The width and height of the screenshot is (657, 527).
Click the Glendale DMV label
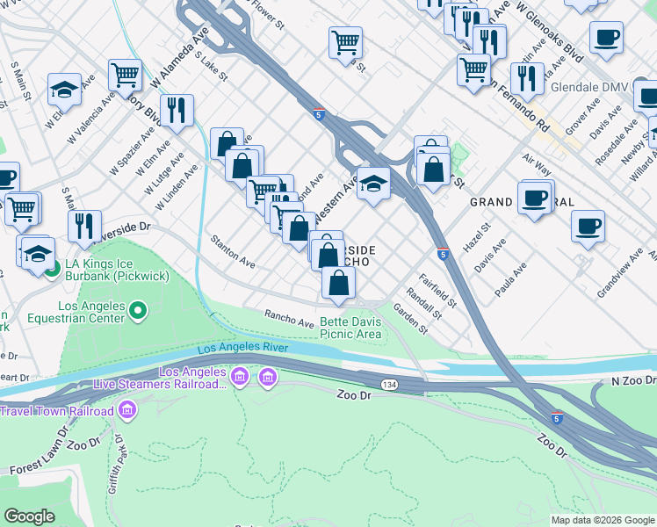[591, 88]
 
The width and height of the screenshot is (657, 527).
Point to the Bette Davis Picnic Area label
[350, 328]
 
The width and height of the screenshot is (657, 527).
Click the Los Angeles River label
[243, 349]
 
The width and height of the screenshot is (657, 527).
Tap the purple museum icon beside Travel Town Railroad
[128, 410]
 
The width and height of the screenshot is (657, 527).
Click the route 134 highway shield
[390, 386]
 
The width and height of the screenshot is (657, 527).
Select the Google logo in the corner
[29, 516]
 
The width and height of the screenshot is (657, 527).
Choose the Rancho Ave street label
[289, 319]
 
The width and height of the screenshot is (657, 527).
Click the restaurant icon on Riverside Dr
[84, 225]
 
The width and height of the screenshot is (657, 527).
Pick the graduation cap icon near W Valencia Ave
[64, 88]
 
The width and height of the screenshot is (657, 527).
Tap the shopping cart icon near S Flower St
[345, 41]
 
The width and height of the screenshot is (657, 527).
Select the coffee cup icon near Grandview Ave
[588, 226]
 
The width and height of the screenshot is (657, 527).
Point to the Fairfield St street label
[437, 291]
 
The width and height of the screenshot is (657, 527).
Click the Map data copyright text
[603, 520]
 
